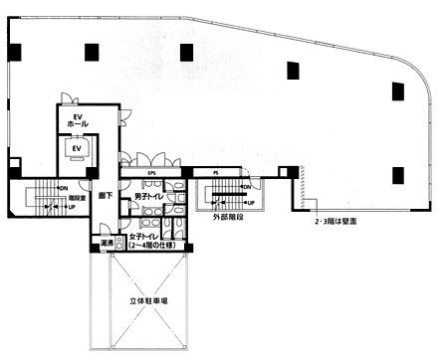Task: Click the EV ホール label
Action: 76,122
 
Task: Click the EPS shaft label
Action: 152,174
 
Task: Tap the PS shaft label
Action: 216,174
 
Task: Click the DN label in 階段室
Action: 62,188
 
